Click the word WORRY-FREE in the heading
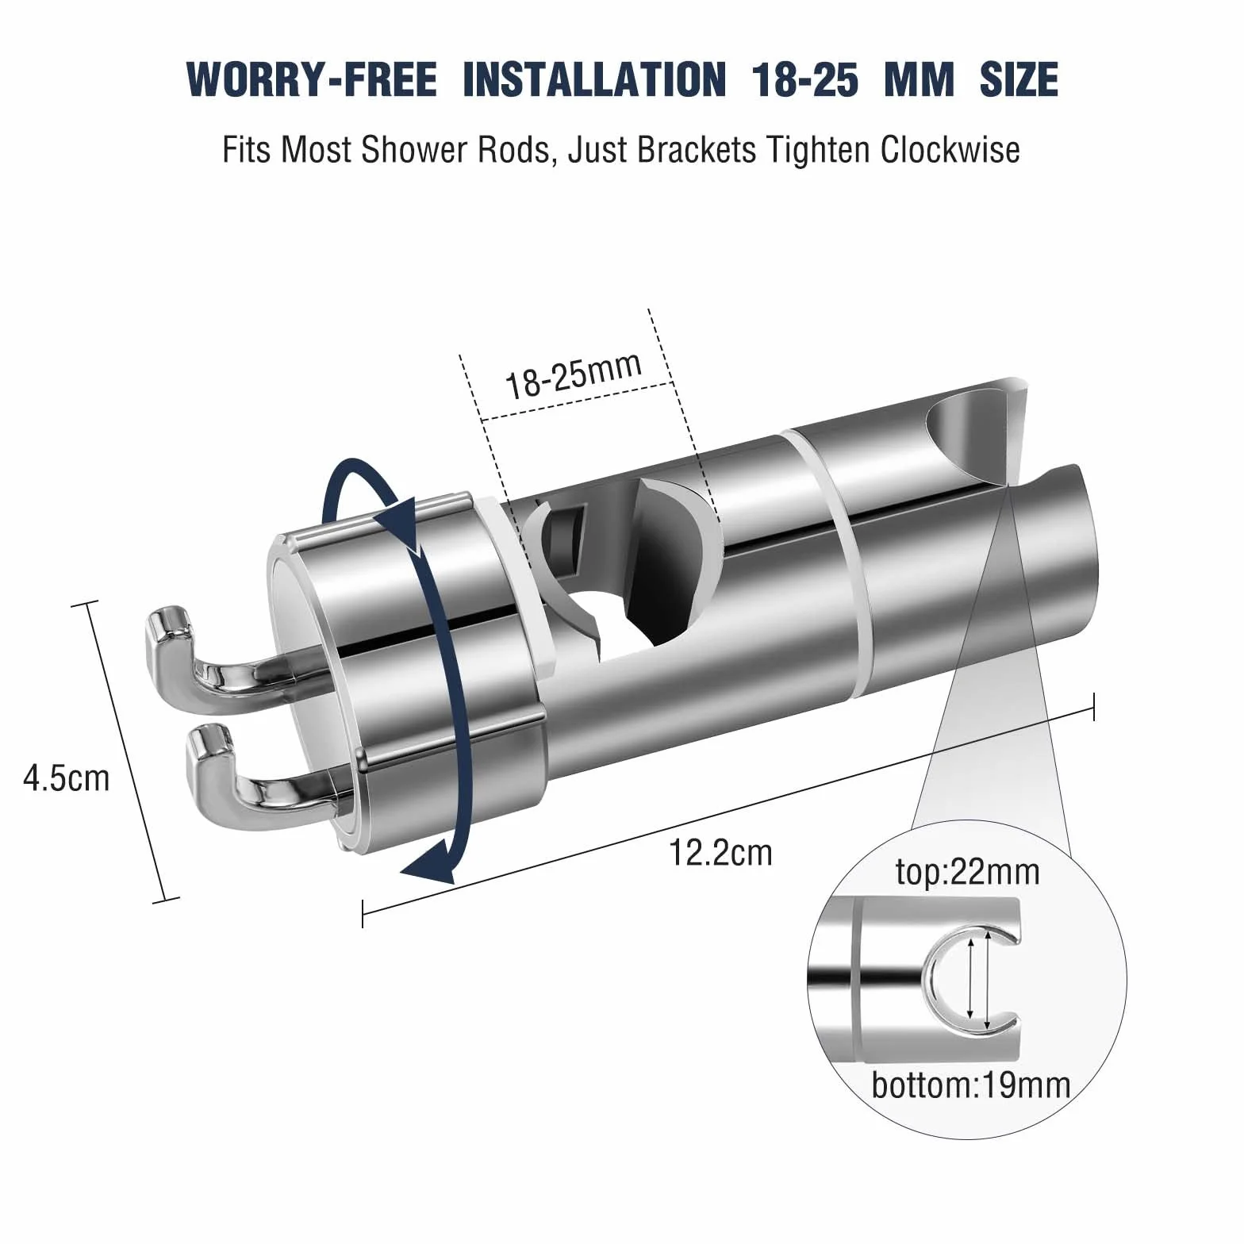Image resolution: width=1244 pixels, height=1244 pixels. [x=312, y=79]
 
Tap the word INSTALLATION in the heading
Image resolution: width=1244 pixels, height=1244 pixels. [x=594, y=79]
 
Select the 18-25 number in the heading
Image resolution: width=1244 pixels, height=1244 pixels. [x=806, y=79]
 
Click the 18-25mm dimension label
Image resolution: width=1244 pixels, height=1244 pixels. [x=574, y=374]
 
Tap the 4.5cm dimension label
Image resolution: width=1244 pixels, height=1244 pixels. [x=67, y=778]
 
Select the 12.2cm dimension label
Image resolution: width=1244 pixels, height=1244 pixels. [x=720, y=853]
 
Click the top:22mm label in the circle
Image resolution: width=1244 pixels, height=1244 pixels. [x=967, y=873]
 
